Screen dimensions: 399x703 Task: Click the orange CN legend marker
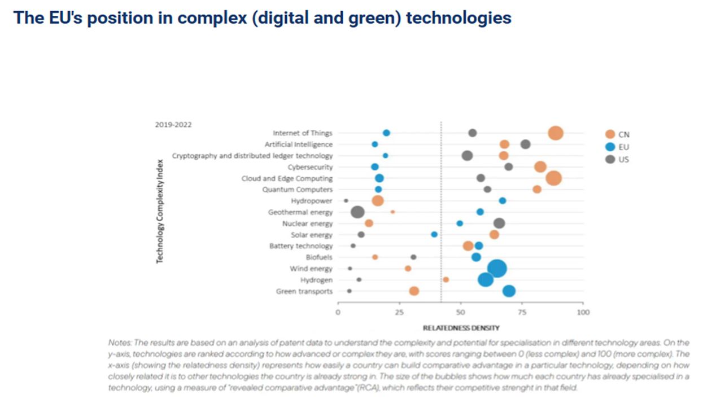point(610,134)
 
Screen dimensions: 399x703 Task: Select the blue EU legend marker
point(610,147)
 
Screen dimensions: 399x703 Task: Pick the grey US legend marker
point(610,159)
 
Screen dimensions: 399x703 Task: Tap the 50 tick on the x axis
point(460,312)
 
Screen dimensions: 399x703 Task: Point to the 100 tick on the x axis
point(583,312)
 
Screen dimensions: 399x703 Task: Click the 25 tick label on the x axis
point(399,312)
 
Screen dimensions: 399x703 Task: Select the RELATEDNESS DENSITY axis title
point(461,328)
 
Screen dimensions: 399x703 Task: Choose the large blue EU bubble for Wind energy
point(497,269)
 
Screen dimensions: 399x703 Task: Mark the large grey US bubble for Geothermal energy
point(357,212)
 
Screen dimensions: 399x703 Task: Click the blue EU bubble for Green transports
point(509,291)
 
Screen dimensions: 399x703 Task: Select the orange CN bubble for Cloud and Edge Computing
point(553,178)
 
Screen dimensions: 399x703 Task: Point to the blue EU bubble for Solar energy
point(434,234)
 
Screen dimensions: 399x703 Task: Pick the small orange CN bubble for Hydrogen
point(446,279)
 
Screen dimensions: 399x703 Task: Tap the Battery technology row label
point(301,246)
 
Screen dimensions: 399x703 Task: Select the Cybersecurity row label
point(310,167)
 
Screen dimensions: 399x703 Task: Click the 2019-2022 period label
point(173,125)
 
